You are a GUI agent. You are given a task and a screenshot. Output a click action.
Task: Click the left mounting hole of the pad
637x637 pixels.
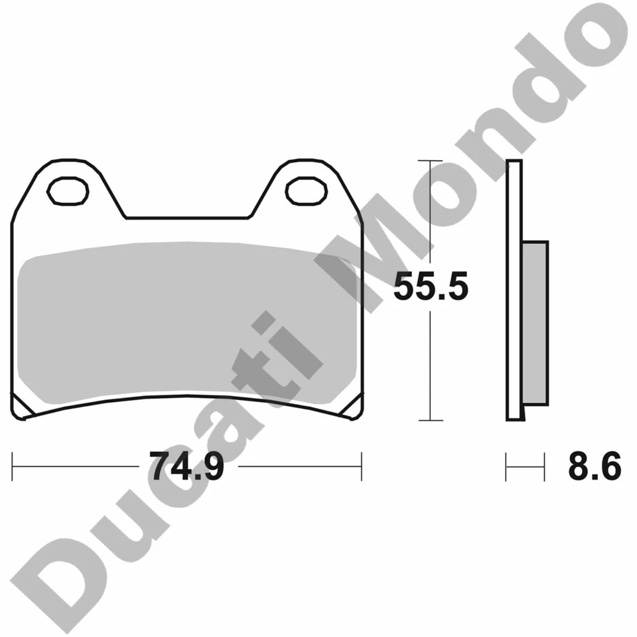pyautogui.click(x=68, y=190)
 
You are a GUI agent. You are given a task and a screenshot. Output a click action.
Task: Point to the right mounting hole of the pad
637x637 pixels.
pyautogui.click(x=306, y=190)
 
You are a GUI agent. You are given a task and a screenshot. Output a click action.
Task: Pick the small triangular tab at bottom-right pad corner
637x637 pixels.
pyautogui.click(x=352, y=409)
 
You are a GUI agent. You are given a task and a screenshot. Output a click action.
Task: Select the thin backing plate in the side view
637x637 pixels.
pyautogui.click(x=515, y=290)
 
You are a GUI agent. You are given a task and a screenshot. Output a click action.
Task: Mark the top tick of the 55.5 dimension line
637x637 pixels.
pyautogui.click(x=431, y=161)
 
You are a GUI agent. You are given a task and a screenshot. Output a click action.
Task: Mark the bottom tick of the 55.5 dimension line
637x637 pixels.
pyautogui.click(x=431, y=420)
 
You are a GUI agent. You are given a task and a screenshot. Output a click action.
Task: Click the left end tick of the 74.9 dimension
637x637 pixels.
pyautogui.click(x=13, y=466)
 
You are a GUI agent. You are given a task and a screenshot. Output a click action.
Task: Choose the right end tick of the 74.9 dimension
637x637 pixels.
pyautogui.click(x=362, y=466)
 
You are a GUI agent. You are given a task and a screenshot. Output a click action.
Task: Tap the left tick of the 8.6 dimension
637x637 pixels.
pyautogui.click(x=507, y=466)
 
